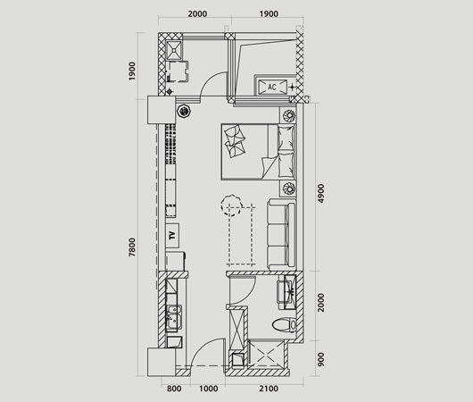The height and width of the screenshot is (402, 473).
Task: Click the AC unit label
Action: tap(272, 87)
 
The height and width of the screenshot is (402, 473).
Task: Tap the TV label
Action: tap(172, 235)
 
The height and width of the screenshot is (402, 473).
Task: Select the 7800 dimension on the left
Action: tap(132, 247)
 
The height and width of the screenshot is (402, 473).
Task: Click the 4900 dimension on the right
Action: tap(320, 193)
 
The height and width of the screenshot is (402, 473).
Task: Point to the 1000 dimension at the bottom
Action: tap(209, 389)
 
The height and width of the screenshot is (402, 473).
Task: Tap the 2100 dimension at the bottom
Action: tap(269, 389)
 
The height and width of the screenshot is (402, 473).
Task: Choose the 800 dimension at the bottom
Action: tap(174, 389)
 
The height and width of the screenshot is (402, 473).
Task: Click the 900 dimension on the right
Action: tap(320, 359)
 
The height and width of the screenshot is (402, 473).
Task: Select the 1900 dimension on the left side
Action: tap(132, 71)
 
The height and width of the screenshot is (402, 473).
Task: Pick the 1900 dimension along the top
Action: tap(269, 14)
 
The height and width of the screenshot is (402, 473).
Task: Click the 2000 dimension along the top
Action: tap(197, 14)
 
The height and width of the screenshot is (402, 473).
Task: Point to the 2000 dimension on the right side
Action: tap(320, 302)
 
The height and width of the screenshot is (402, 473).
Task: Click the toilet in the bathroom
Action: tap(285, 325)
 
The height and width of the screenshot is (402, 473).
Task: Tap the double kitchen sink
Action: tap(174, 317)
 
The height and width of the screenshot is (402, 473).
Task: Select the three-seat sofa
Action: tap(281, 235)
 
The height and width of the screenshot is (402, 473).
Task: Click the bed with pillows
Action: tap(258, 152)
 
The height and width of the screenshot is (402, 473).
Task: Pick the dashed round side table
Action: tap(232, 205)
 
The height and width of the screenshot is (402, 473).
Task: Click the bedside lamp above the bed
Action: tap(288, 115)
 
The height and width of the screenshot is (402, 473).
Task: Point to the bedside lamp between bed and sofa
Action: tap(288, 188)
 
